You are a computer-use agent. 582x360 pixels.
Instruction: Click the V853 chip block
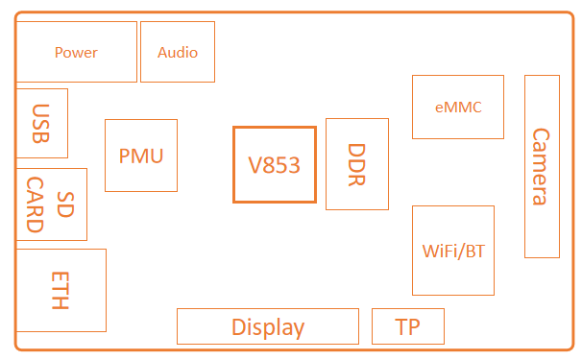click(274, 164)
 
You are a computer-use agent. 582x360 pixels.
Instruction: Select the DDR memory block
click(357, 164)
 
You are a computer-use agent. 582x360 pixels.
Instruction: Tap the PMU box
click(141, 156)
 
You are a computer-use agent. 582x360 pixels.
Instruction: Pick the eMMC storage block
click(457, 107)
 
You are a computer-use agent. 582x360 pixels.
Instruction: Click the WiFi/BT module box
click(452, 251)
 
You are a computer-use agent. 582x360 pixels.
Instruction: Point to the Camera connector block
click(542, 166)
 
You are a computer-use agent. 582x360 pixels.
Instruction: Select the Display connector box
click(267, 326)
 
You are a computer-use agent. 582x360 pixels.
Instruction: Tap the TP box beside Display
click(408, 326)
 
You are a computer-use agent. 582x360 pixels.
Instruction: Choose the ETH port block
click(61, 290)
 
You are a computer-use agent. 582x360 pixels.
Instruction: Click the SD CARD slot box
click(52, 204)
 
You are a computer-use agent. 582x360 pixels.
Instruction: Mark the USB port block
click(41, 123)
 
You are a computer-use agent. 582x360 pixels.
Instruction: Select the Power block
click(76, 52)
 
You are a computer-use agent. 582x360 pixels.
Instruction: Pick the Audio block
click(178, 52)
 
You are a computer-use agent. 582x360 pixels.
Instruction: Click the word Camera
click(541, 166)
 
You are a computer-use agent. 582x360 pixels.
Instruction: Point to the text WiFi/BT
click(453, 252)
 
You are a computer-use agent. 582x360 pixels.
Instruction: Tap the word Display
click(267, 327)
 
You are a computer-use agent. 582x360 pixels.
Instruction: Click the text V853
click(274, 165)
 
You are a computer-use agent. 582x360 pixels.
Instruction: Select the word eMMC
click(457, 107)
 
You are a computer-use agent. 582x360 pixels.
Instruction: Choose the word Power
click(76, 53)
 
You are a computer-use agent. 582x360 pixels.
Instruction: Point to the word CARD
click(36, 204)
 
